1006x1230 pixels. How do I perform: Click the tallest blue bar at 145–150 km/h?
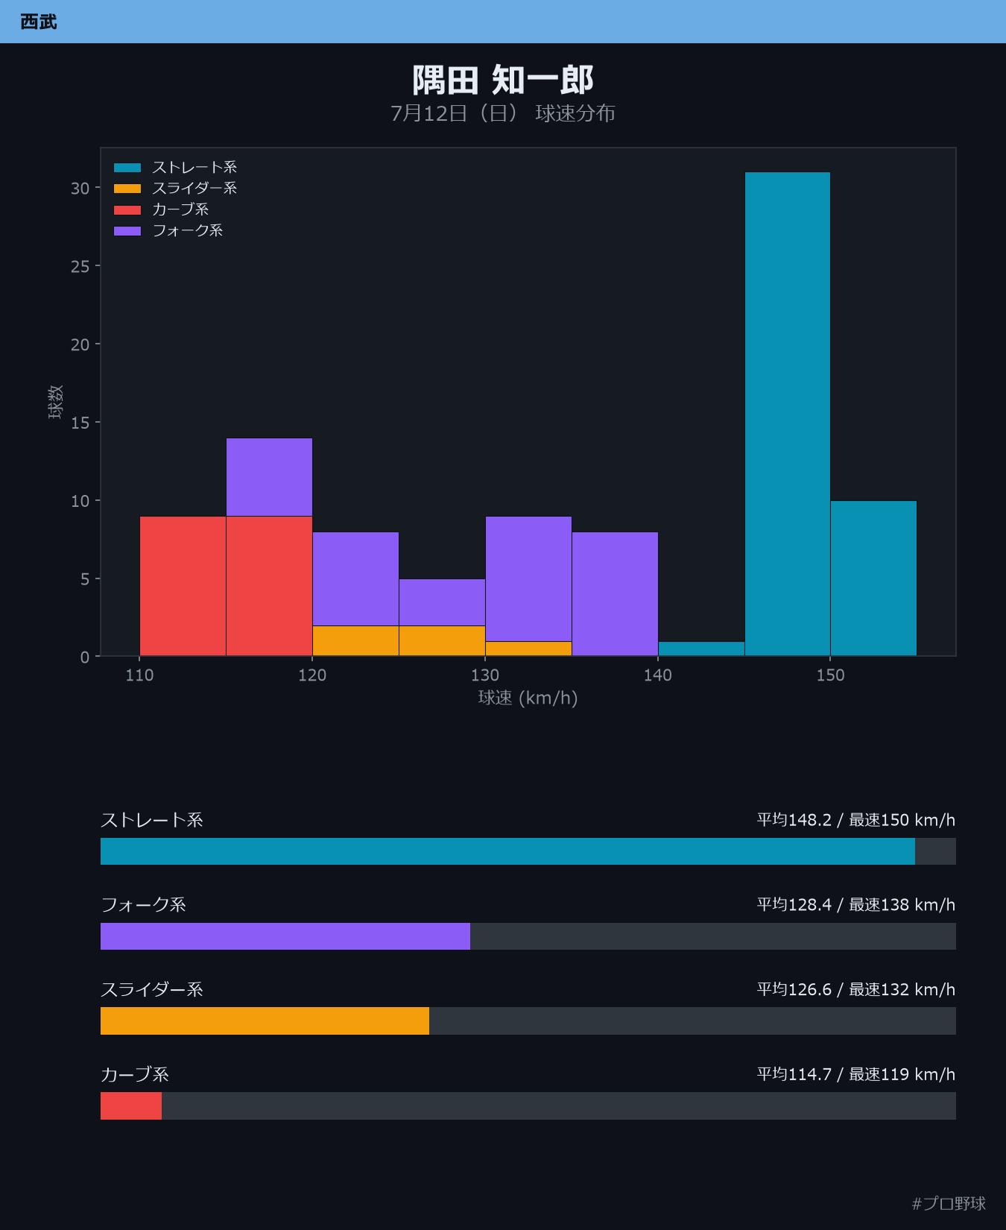(x=788, y=414)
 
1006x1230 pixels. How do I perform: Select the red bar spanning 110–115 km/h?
(x=183, y=586)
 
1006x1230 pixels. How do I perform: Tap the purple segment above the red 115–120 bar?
(x=269, y=477)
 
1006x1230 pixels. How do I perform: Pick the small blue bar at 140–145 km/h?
(x=701, y=649)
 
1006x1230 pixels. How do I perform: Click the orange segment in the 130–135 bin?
(x=528, y=649)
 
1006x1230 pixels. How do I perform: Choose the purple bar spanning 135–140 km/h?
(x=615, y=594)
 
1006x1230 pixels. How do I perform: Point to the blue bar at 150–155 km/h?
(x=873, y=578)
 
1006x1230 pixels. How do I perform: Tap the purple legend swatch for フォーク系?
(x=127, y=230)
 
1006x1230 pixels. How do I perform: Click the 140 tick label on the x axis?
(x=658, y=675)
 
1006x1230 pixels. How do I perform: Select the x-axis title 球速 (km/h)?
(x=528, y=698)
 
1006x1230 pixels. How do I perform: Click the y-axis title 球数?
(x=56, y=402)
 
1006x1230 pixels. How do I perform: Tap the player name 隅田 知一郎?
(x=503, y=80)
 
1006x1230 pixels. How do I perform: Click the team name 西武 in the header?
(x=39, y=22)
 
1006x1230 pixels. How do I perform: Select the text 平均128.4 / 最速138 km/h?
(x=856, y=904)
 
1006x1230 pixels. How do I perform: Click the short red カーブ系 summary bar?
(x=131, y=1106)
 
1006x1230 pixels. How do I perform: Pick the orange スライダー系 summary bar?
(x=265, y=1021)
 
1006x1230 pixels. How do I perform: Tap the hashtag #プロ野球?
(x=949, y=1203)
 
